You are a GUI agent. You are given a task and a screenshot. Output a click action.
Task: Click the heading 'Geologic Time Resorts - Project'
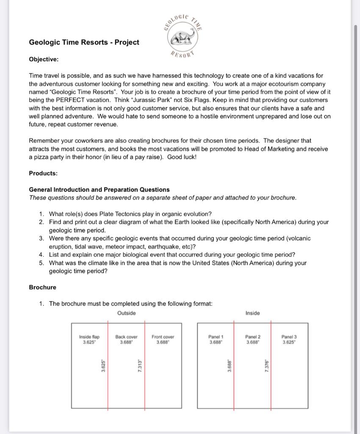coord(84,42)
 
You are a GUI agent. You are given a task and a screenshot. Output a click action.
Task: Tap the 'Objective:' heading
coord(44,59)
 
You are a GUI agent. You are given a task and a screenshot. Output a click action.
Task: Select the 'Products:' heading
coord(43,173)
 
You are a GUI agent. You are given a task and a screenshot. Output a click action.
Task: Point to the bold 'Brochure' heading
coord(42,287)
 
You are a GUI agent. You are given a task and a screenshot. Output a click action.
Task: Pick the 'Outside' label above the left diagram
coord(126,313)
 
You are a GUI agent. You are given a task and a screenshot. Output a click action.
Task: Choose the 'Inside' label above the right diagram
coord(252,313)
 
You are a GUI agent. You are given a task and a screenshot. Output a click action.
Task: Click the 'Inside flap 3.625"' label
coord(89,339)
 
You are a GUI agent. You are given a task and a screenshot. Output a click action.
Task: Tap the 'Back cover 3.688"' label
coord(126,339)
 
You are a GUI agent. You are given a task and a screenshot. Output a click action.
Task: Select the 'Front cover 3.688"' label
coord(163,339)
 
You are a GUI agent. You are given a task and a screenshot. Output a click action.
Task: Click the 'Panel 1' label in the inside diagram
coord(216,339)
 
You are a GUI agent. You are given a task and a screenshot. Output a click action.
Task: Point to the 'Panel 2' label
coord(253,339)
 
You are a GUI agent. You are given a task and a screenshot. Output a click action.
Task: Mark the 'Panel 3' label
coord(289,339)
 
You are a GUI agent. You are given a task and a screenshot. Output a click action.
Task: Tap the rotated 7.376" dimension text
coord(266,366)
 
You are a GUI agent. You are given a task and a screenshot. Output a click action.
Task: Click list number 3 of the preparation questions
coord(42,239)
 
